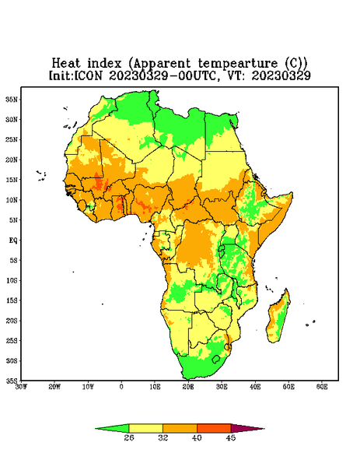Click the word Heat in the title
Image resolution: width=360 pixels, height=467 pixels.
coord(66,63)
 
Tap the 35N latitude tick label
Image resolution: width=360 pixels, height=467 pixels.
coord(12,99)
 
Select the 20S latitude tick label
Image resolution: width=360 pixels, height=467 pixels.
coord(12,321)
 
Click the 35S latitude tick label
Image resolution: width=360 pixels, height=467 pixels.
coord(12,381)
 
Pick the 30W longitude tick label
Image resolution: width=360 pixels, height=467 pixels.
coord(21,387)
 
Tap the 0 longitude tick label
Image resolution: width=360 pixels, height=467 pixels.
coord(121,387)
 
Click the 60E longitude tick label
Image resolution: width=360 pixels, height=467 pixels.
coord(322,387)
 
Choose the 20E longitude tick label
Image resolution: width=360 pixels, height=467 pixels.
coord(188,387)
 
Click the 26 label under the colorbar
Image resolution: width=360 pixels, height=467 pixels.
coord(129,437)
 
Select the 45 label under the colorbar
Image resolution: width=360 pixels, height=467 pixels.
coord(231,437)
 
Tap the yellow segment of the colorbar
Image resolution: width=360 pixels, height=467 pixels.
coord(145,428)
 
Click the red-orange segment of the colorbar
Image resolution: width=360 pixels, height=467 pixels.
coord(214,428)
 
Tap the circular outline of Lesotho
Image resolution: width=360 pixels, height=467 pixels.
coord(215,359)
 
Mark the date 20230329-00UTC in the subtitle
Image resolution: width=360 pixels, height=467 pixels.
coord(163,75)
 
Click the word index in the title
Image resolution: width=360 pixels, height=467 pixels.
coord(104,63)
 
